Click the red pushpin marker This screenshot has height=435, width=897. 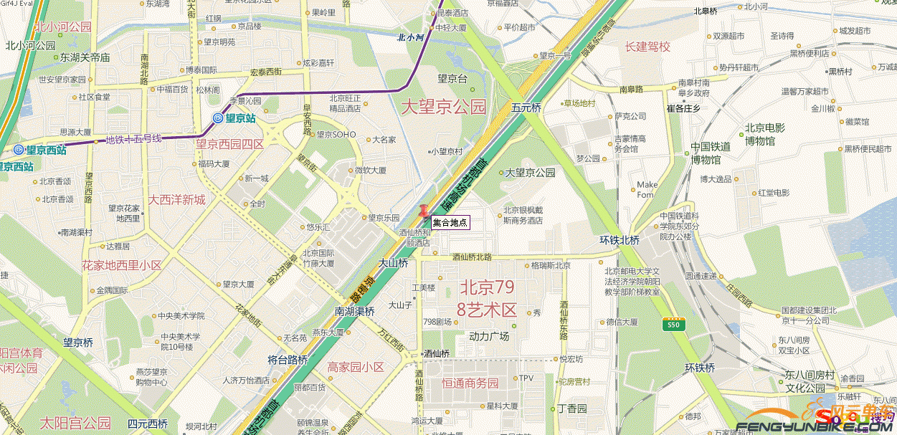coord(424,211)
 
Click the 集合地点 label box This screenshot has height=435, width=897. coord(450,223)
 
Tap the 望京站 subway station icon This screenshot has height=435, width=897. coord(218,118)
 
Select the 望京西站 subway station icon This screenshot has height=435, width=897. coord(18,150)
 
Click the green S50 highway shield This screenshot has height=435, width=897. coord(673,325)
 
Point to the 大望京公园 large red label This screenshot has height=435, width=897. coord(443,107)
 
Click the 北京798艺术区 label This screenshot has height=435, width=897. coord(488,298)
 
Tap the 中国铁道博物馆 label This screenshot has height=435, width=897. coord(711,153)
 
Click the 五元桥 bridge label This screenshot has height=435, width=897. coord(526,107)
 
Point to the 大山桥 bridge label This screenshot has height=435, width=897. coord(393,263)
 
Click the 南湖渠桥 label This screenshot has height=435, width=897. coord(354,311)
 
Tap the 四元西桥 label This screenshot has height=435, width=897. coord(147,424)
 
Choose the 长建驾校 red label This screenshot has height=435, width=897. coord(647,47)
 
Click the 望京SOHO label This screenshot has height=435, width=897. coord(336,134)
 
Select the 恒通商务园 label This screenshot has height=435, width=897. coord(470,383)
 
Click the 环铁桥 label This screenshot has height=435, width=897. coord(700,368)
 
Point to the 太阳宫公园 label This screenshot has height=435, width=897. coord(75,422)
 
